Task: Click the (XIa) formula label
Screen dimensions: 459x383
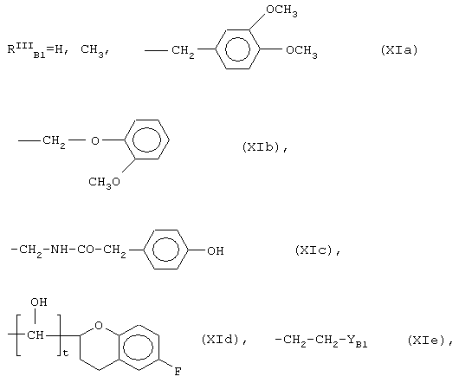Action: click(x=399, y=49)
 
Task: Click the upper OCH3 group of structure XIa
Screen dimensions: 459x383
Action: click(x=281, y=10)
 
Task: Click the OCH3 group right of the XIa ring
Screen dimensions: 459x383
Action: click(x=301, y=51)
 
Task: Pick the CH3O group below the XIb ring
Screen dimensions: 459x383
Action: click(x=105, y=183)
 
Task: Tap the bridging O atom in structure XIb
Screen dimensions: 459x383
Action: click(x=95, y=141)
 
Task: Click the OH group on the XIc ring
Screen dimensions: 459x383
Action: click(x=216, y=251)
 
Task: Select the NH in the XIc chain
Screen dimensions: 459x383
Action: click(x=59, y=250)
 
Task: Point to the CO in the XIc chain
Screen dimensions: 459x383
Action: click(x=86, y=250)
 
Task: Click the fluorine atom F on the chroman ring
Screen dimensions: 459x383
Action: click(x=178, y=372)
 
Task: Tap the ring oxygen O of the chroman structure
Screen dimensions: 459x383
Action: click(x=99, y=325)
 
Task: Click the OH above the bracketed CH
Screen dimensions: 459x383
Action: click(x=39, y=302)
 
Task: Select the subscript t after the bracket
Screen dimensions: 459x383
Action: click(x=66, y=353)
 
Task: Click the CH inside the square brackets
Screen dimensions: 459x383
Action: click(x=36, y=334)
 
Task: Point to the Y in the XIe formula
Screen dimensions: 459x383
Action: click(x=352, y=340)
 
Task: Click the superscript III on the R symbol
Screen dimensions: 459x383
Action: click(x=24, y=45)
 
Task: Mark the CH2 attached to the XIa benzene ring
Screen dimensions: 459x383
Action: click(x=183, y=51)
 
